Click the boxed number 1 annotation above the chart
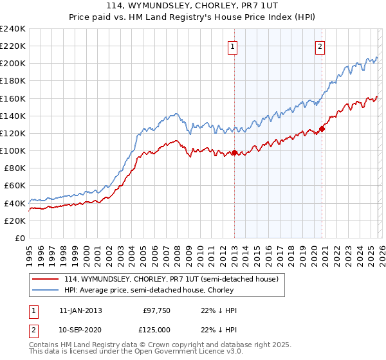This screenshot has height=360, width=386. [232, 46]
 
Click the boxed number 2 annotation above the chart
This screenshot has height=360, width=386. [320, 46]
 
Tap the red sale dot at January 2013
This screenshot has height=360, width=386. [234, 153]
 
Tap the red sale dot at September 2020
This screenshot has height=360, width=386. [322, 129]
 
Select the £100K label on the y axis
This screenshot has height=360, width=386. [13, 150]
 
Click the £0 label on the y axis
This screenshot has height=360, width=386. [19, 238]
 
